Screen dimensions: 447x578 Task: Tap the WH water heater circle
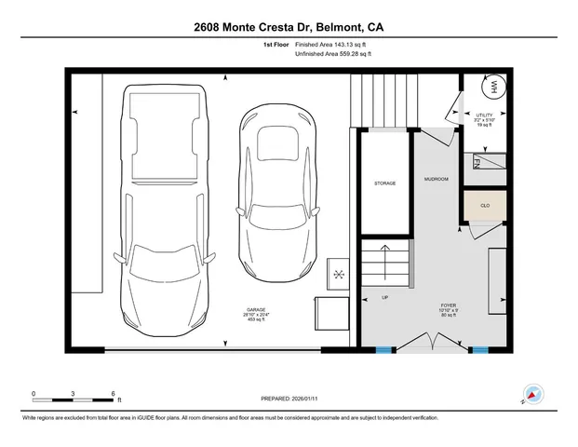click(491, 88)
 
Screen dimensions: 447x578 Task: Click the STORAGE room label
click(384, 183)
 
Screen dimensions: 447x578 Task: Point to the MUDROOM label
click(436, 178)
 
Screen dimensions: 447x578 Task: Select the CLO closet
click(485, 206)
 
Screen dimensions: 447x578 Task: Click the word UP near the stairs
click(385, 298)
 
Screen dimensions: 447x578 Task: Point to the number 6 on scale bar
click(113, 393)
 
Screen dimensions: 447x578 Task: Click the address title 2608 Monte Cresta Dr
click(289, 27)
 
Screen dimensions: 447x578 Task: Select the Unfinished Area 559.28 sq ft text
click(332, 55)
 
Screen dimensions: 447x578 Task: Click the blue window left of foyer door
click(382, 350)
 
